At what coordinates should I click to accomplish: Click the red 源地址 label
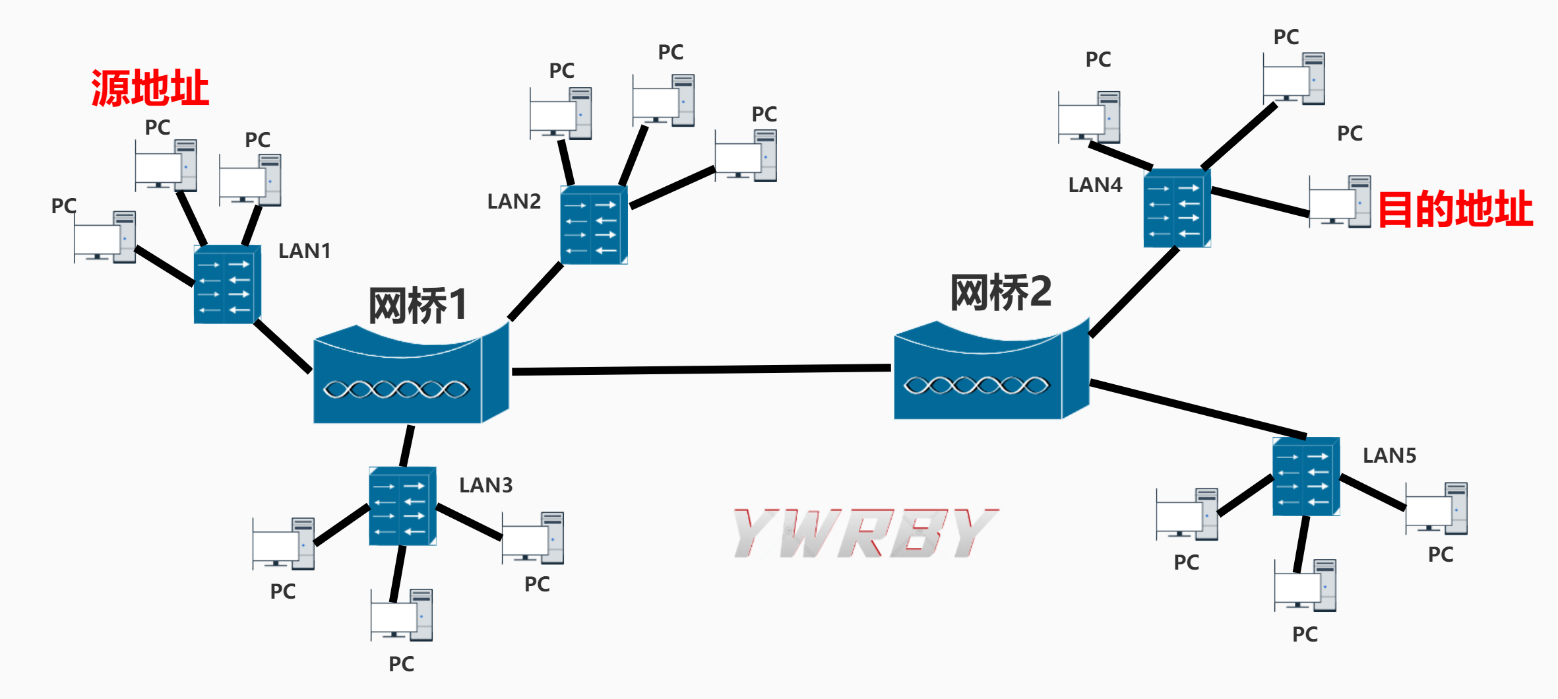[150, 88]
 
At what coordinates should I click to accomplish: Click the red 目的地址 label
[1455, 209]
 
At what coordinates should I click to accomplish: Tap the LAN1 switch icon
[227, 284]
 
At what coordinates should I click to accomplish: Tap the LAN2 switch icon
[594, 225]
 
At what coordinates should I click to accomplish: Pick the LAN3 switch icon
[402, 506]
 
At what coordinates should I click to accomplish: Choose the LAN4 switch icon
[1177, 209]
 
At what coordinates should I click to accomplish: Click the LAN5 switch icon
[1306, 477]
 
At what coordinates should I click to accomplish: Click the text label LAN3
[485, 485]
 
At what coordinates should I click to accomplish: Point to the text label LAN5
[1389, 455]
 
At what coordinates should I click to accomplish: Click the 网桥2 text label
[1000, 292]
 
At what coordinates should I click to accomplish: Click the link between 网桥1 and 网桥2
[701, 370]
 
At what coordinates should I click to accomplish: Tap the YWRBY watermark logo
[865, 533]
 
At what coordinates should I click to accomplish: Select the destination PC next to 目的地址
[1339, 202]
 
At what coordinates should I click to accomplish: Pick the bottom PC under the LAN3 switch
[401, 615]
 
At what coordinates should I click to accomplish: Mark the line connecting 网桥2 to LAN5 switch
[1197, 409]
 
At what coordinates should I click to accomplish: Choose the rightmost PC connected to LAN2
[745, 156]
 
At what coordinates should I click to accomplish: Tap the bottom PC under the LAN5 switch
[1305, 585]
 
